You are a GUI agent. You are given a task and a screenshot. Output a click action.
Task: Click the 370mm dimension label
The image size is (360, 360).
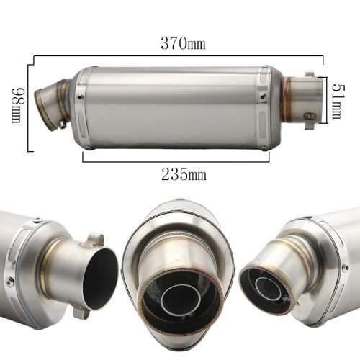click(183, 43)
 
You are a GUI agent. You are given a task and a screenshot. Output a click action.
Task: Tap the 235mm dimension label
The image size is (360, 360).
click(184, 174)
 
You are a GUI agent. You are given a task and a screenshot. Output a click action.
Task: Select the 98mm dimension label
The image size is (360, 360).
click(18, 105)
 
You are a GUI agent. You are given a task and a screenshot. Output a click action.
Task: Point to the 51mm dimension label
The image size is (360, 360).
click(339, 102)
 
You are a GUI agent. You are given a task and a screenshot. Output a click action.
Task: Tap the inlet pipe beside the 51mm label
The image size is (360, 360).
click(303, 100)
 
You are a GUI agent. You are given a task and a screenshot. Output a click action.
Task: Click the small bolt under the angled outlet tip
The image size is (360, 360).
click(63, 124)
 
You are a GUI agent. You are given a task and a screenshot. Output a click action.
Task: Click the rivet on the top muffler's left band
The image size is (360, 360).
click(80, 97)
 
